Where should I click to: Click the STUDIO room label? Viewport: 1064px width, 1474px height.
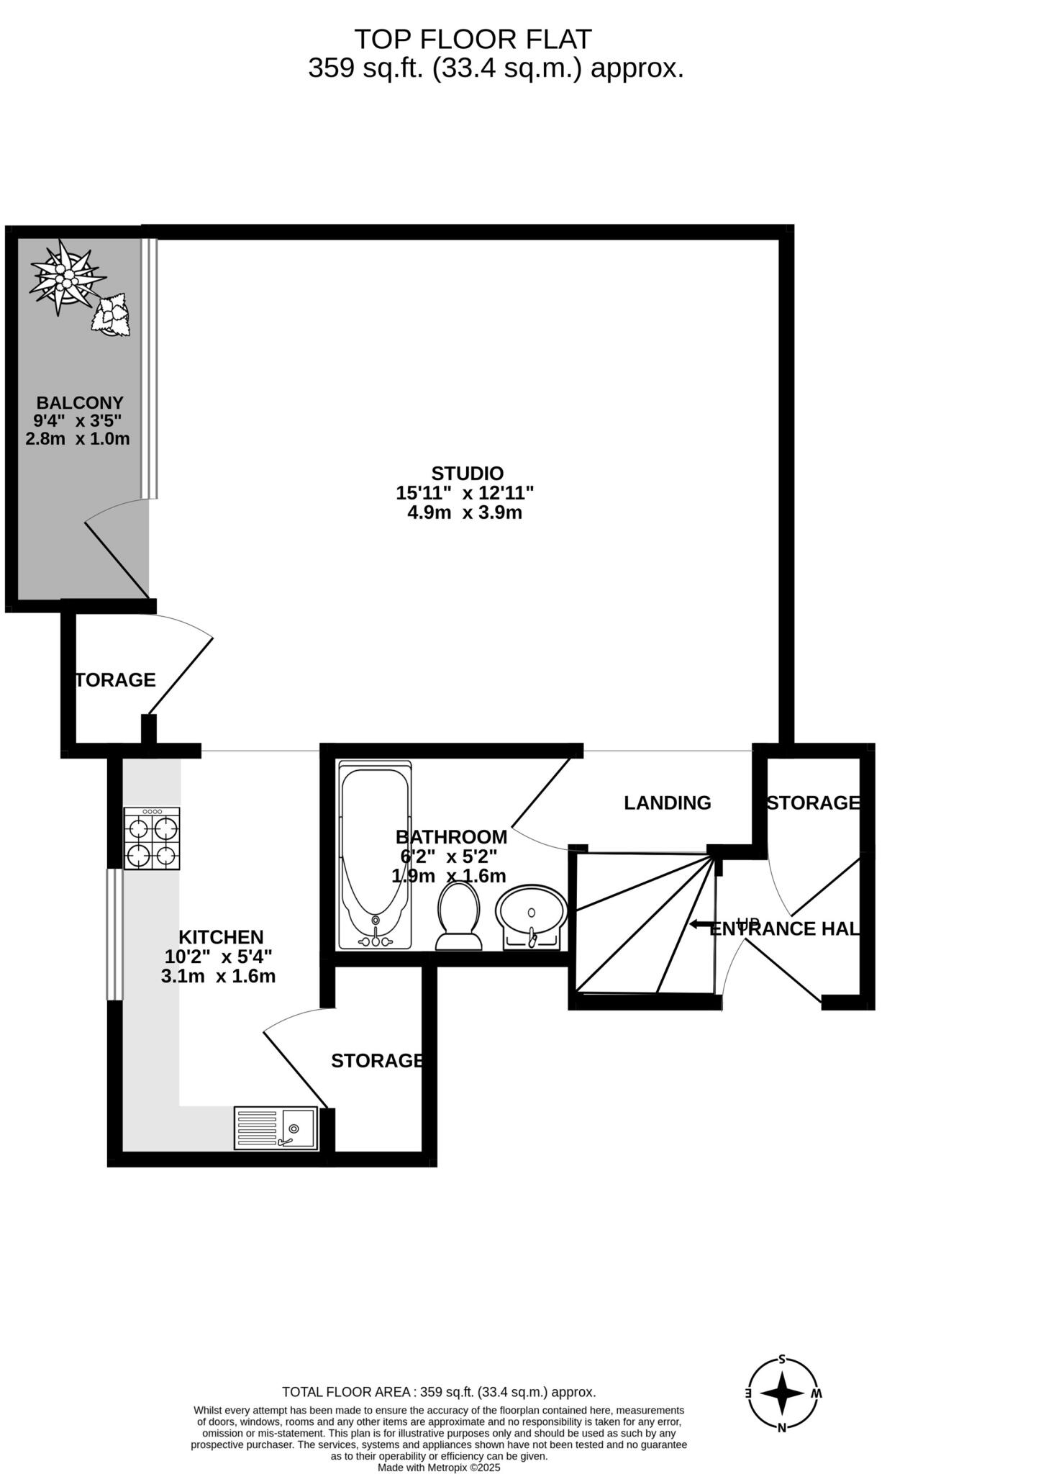[x=467, y=474]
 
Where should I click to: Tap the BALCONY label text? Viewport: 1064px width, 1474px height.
[x=80, y=403]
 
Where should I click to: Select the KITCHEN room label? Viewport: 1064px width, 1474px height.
[x=221, y=937]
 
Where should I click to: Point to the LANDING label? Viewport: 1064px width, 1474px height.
[x=667, y=802]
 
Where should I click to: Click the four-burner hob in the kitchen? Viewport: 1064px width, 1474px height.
[x=152, y=838]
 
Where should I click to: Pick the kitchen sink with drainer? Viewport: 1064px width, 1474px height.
[x=276, y=1128]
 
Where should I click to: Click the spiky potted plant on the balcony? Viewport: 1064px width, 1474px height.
[x=65, y=278]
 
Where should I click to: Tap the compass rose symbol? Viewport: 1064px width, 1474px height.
[x=782, y=1394]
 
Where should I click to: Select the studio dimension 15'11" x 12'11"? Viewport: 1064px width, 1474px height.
[x=465, y=494]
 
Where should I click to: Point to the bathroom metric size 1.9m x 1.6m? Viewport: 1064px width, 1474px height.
[x=449, y=876]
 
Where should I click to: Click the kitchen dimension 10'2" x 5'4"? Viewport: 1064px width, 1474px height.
[x=219, y=957]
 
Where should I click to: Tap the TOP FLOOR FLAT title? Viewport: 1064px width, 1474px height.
[x=473, y=38]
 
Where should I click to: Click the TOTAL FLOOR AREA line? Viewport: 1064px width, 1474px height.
[x=439, y=1392]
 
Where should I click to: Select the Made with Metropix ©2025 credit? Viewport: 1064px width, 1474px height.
[x=439, y=1468]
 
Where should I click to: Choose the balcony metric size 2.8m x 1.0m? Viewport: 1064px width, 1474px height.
[x=78, y=438]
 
